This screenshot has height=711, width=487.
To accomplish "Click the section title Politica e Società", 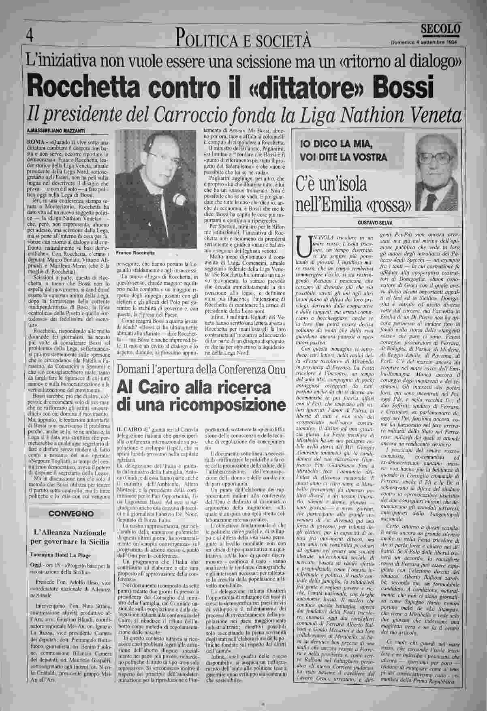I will pos(243,40).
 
